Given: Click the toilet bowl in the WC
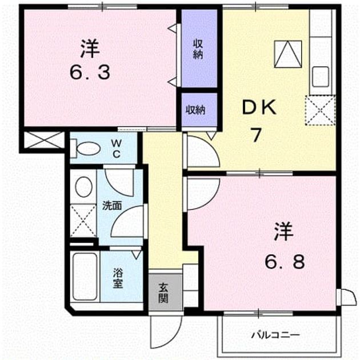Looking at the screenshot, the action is pyautogui.click(x=88, y=149).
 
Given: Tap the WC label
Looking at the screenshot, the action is pyautogui.click(x=116, y=149).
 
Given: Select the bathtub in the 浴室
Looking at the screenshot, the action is pyautogui.click(x=85, y=276).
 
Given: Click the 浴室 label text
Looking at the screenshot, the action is pyautogui.click(x=118, y=278).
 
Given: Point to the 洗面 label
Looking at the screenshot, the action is pyautogui.click(x=112, y=206).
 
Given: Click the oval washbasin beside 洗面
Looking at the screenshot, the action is pyautogui.click(x=83, y=187).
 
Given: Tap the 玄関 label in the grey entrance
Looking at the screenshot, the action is pyautogui.click(x=163, y=293).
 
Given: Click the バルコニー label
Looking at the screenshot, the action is pyautogui.click(x=275, y=335).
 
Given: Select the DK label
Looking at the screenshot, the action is pyautogui.click(x=259, y=107).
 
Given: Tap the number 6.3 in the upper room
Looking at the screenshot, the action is pyautogui.click(x=90, y=72).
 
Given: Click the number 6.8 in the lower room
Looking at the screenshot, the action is pyautogui.click(x=285, y=261).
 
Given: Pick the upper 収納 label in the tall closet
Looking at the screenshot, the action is pyautogui.click(x=198, y=49).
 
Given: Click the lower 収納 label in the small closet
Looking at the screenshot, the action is pyautogui.click(x=195, y=110).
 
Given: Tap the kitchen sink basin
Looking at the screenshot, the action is pyautogui.click(x=320, y=77).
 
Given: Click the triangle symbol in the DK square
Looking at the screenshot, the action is pyautogui.click(x=288, y=54).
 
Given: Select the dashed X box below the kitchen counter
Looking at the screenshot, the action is pyautogui.click(x=320, y=110).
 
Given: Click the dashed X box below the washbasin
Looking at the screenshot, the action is pyautogui.click(x=83, y=221).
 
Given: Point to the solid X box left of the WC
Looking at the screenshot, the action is pyautogui.click(x=43, y=140).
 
